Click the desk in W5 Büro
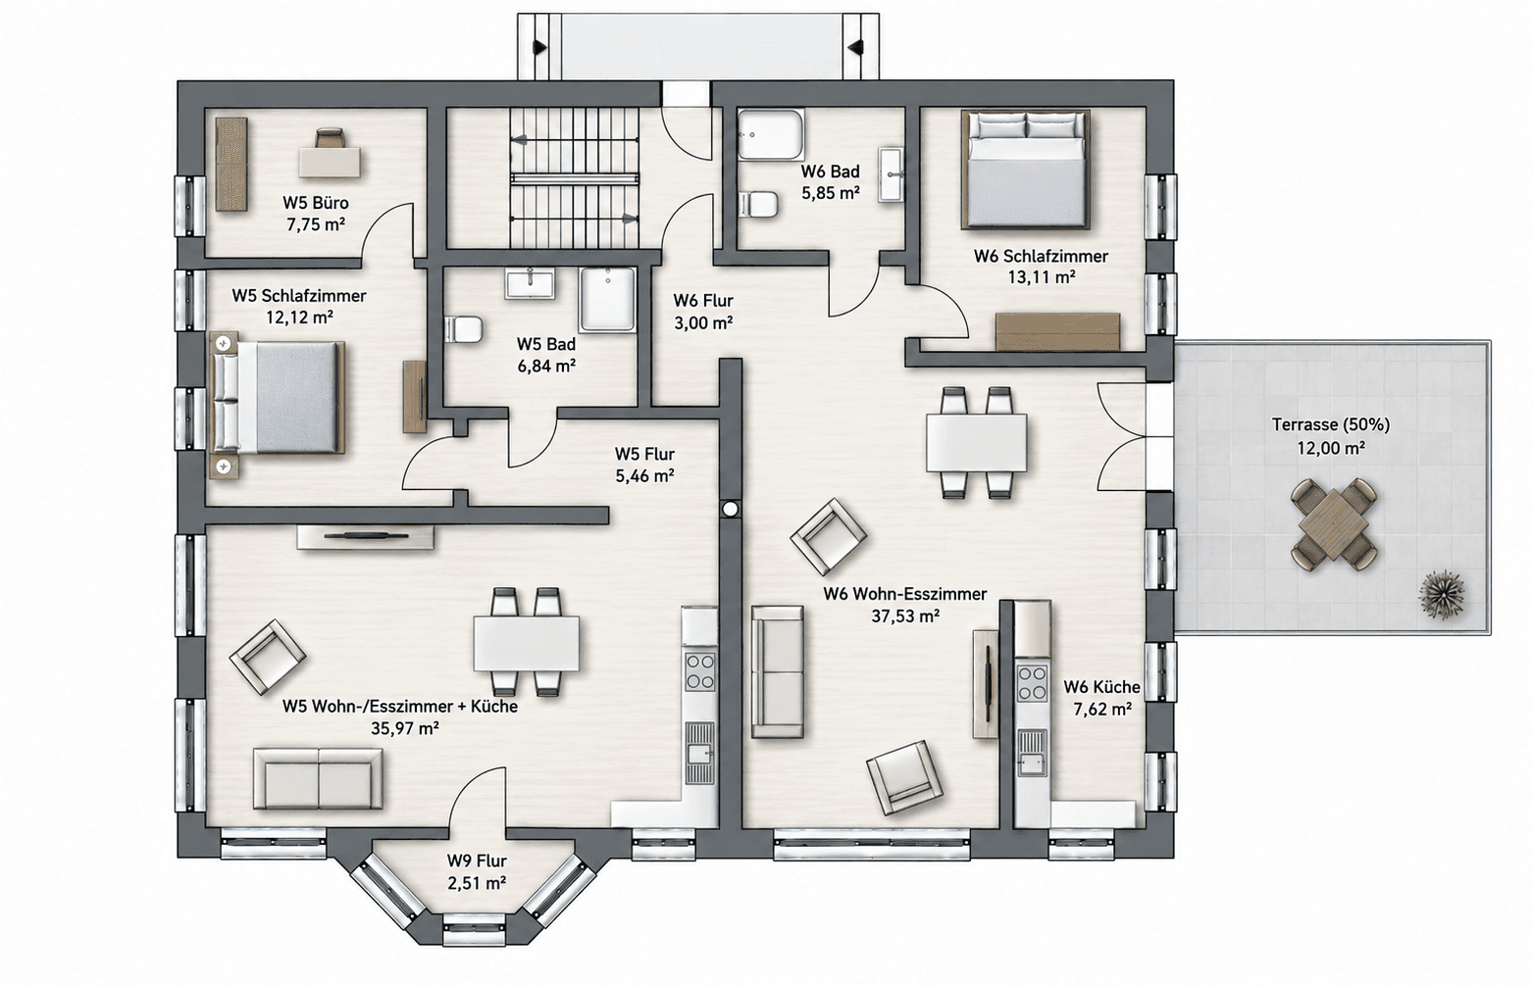(x=330, y=163)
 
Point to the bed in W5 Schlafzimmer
(x=278, y=397)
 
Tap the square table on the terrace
(x=1334, y=523)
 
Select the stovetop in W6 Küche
(x=1033, y=682)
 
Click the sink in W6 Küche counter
(x=1032, y=753)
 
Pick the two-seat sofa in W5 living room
(x=318, y=779)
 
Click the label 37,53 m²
(x=904, y=616)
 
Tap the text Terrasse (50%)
(x=1331, y=424)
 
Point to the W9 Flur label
(x=477, y=861)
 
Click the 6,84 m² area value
(x=546, y=366)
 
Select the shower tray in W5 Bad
(x=608, y=300)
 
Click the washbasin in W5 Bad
(x=530, y=283)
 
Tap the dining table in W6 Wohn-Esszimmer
(x=977, y=442)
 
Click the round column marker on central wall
(x=731, y=509)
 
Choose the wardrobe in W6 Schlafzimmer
(x=1058, y=331)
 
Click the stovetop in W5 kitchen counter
(x=700, y=670)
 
